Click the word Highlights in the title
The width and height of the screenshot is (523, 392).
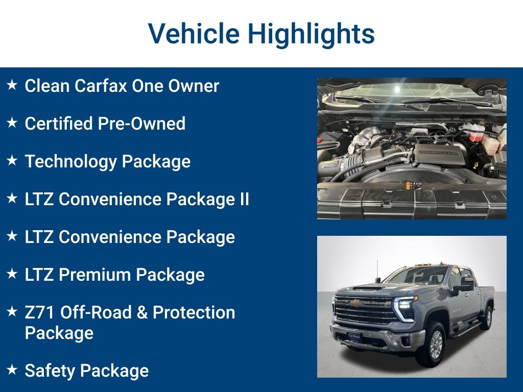311,34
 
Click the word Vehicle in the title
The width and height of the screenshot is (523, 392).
194,34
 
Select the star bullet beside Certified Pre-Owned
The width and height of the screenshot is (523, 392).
12,123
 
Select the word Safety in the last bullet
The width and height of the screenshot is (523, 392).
50,371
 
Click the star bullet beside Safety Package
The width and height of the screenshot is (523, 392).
12,370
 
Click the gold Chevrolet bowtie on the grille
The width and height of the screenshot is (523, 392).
356,303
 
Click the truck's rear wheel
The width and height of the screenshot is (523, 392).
487,318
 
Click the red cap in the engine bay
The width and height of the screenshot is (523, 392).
476,136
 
